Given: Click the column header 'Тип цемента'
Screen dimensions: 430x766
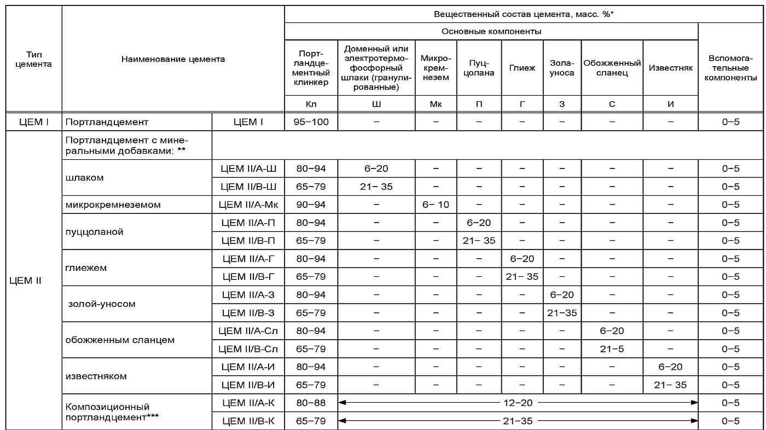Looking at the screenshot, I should (x=34, y=59).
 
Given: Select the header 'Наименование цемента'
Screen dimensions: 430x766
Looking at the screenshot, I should (x=173, y=59).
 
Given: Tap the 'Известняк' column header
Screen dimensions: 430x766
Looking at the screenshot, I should (x=670, y=68).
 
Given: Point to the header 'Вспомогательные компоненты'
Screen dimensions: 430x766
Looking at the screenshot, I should (x=731, y=68).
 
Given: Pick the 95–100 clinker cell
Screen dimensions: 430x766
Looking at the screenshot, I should (x=311, y=122).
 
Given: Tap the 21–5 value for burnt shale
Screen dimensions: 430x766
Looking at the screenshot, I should (x=612, y=349).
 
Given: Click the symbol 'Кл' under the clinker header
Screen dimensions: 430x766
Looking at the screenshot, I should (x=311, y=103).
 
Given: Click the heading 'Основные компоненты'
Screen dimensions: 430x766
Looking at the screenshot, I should (x=491, y=31).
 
